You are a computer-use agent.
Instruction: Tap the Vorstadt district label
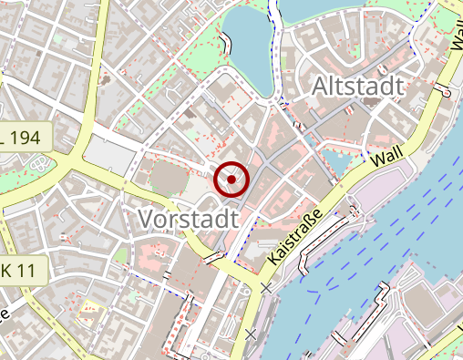(x=188, y=219)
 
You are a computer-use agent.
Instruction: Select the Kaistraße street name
(x=298, y=236)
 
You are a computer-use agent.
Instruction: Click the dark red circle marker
(x=232, y=180)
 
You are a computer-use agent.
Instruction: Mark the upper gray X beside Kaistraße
(x=265, y=288)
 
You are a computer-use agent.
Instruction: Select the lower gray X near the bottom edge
(x=251, y=334)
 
